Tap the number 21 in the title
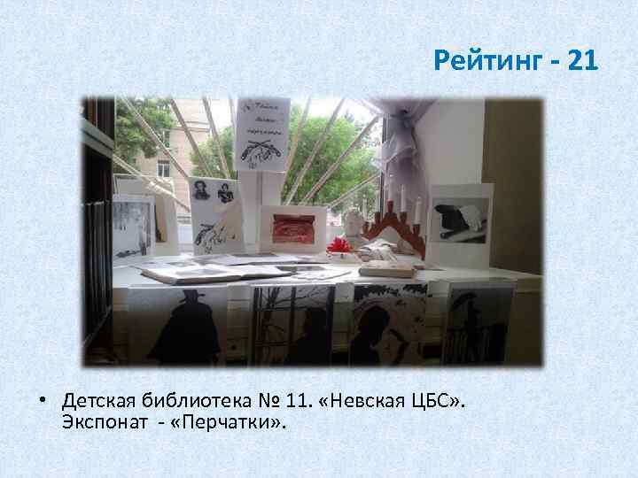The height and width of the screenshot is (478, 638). (x=579, y=61)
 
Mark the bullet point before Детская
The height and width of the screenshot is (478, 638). (x=43, y=404)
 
